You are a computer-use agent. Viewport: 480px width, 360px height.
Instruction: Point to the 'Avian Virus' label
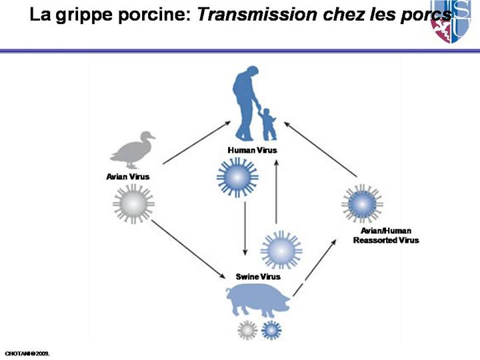(x=127, y=177)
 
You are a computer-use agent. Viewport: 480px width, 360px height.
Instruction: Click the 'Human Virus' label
(x=252, y=150)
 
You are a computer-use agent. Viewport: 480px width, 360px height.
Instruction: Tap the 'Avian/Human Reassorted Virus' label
(x=386, y=235)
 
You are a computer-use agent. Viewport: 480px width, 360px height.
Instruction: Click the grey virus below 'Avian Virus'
(x=133, y=204)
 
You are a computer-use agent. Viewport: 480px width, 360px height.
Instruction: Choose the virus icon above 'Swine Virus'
(x=281, y=251)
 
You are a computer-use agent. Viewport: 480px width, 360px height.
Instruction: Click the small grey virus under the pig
(x=247, y=329)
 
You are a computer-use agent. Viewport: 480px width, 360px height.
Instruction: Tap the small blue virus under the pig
(x=271, y=329)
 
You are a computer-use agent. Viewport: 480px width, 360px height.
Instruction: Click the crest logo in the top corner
(x=455, y=21)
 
